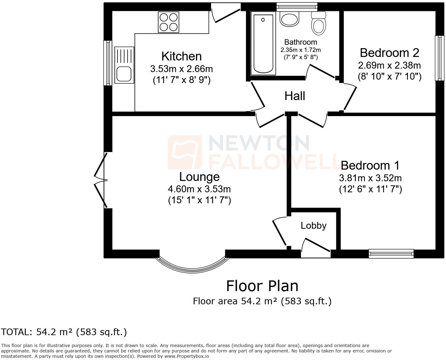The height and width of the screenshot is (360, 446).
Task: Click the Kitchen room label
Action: (181, 56)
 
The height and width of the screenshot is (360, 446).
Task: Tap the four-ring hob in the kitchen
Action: (169, 22)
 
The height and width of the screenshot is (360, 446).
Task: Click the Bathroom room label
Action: (300, 42)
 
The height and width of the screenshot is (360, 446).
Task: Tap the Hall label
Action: (295, 96)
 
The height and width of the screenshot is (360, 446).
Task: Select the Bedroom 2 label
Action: (389, 53)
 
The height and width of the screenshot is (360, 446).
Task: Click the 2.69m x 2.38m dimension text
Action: (389, 65)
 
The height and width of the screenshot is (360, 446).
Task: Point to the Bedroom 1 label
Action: (370, 165)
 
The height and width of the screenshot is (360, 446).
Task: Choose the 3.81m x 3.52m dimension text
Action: (370, 178)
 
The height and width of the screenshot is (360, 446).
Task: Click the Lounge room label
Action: (199, 177)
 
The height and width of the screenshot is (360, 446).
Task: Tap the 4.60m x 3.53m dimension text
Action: (199, 189)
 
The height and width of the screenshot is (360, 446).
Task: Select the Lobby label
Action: (313, 226)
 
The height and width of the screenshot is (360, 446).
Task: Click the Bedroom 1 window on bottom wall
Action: (391, 253)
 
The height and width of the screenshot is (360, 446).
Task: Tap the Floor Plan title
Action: (262, 286)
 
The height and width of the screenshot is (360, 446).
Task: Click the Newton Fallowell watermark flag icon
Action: (185, 152)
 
